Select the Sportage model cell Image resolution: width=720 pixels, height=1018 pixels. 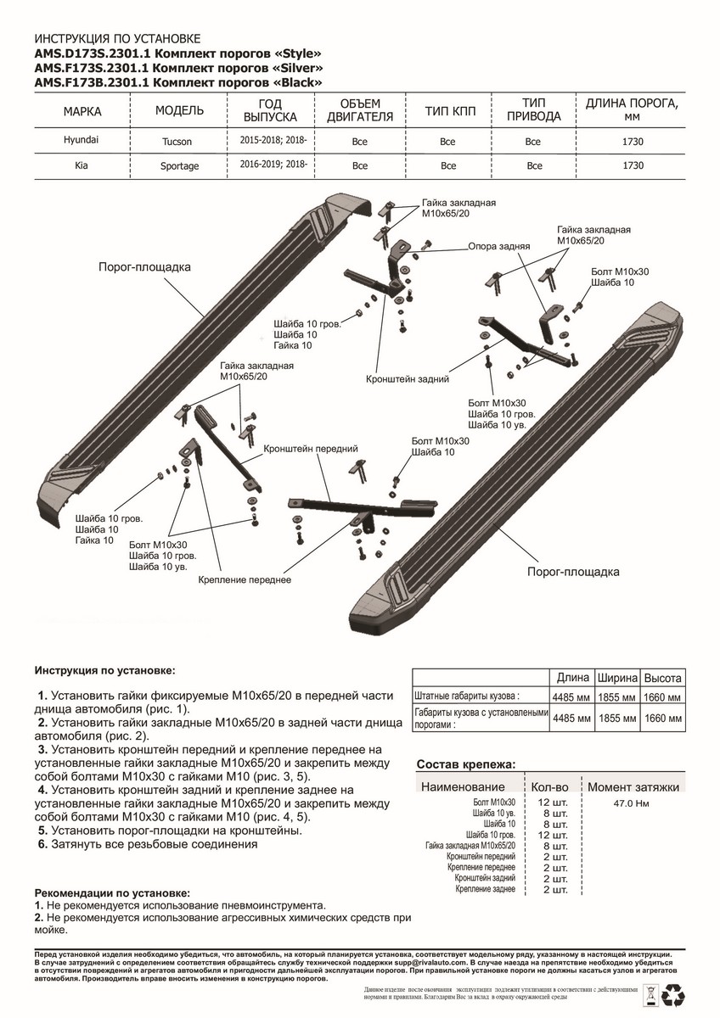pyautogui.click(x=179, y=166)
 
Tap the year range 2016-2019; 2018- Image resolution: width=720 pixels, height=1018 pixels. pyautogui.click(x=273, y=165)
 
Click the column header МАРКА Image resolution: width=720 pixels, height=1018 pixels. pyautogui.click(x=82, y=112)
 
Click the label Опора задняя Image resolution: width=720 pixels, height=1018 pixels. pyautogui.click(x=499, y=248)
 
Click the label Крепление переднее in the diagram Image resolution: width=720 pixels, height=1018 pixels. pyautogui.click(x=245, y=579)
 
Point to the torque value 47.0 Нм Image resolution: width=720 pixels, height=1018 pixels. pyautogui.click(x=630, y=803)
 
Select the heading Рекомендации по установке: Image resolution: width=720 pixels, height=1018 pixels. pyautogui.click(x=112, y=893)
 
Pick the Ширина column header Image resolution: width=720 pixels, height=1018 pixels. pyautogui.click(x=618, y=679)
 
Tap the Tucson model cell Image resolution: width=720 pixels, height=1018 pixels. pyautogui.click(x=177, y=141)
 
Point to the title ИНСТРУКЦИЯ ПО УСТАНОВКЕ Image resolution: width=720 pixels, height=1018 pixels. pyautogui.click(x=117, y=39)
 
